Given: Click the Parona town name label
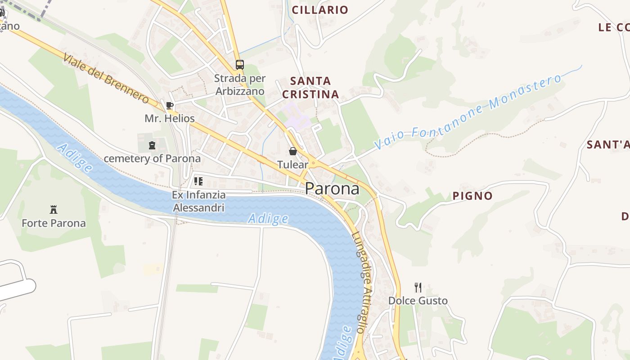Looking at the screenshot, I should tap(332, 189).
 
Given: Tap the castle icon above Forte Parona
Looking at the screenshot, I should tap(54, 209).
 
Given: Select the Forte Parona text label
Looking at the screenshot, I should tap(54, 223).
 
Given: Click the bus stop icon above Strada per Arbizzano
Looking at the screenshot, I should tap(240, 64).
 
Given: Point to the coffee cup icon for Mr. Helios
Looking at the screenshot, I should tap(169, 105).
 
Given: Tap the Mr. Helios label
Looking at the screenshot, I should tap(170, 118).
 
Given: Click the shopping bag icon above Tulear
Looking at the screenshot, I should tap(293, 151).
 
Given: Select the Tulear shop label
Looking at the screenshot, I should tap(293, 165).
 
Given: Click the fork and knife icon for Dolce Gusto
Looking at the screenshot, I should tap(418, 287).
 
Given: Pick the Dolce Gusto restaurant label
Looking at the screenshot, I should tap(418, 301).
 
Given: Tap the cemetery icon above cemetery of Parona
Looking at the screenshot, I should tap(152, 145).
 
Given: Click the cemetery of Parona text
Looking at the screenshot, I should tap(152, 158).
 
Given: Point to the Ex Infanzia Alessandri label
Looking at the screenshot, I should tap(198, 201).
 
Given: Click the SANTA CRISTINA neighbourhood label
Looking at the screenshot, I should tap(310, 88).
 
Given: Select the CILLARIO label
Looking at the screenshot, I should tap(320, 10).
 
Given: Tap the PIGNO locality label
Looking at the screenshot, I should tap(472, 196).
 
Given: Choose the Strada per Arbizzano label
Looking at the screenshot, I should tap(240, 85).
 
